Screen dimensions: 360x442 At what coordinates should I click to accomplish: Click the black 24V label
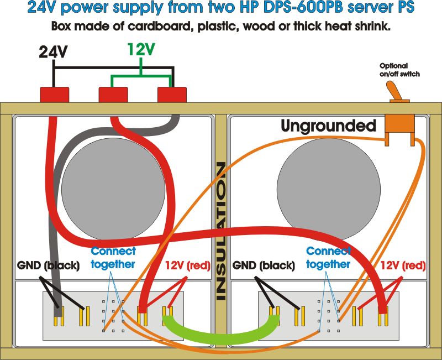(x=54, y=52)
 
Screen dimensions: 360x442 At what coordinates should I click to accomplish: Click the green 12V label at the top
(x=141, y=50)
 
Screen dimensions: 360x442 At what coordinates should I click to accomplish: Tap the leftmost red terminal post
(x=54, y=94)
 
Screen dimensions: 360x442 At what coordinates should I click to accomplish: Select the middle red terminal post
(x=113, y=94)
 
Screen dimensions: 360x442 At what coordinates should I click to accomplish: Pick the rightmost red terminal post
(x=172, y=94)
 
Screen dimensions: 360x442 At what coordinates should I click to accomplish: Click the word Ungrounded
(x=328, y=126)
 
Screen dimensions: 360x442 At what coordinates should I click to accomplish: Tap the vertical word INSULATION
(x=221, y=231)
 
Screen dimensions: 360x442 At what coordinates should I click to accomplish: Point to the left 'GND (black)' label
(x=48, y=265)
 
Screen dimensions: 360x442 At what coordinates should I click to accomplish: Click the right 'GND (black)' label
(x=263, y=265)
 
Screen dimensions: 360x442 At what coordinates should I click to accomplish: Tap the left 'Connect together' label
(x=113, y=258)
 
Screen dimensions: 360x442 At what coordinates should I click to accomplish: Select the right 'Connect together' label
(x=328, y=258)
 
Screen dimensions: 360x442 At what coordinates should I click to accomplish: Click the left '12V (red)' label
(x=188, y=265)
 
